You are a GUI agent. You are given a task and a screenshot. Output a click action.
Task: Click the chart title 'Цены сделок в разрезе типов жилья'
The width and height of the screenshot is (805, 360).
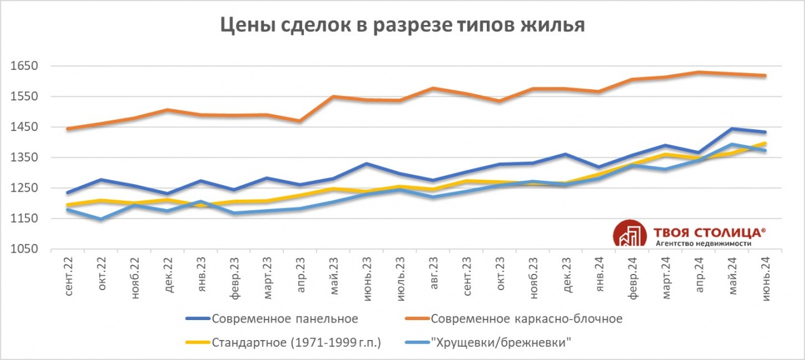[x=402, y=26]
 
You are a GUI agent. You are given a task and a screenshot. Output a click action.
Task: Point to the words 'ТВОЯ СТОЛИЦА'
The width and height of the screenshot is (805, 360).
[x=710, y=232]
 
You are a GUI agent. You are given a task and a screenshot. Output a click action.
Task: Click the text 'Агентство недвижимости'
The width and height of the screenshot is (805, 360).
[x=703, y=243]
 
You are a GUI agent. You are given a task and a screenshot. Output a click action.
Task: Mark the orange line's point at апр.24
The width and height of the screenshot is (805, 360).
[x=699, y=72]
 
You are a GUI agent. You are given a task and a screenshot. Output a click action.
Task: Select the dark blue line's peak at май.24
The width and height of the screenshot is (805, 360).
[x=732, y=129]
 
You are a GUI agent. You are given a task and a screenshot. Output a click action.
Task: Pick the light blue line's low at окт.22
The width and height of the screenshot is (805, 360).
[x=101, y=219]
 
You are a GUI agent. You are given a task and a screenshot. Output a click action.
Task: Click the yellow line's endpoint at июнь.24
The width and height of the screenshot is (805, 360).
[x=765, y=144]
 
